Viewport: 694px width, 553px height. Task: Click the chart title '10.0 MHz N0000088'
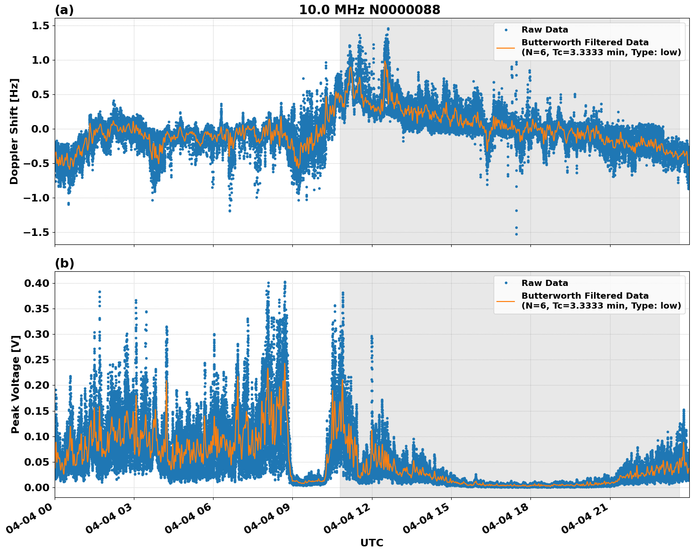(x=370, y=10)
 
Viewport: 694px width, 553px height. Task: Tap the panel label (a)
(x=64, y=10)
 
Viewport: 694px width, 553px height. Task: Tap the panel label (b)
(x=64, y=263)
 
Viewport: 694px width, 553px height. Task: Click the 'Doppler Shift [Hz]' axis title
(x=15, y=131)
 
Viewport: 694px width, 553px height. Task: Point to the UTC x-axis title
(x=372, y=543)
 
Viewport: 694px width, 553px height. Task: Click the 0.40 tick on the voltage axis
(x=36, y=283)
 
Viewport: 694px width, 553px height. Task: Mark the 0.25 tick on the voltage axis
(x=36, y=360)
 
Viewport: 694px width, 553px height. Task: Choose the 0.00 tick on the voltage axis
(x=36, y=487)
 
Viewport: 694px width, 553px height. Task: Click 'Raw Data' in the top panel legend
(x=545, y=30)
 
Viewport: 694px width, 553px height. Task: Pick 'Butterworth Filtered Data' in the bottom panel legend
(x=585, y=296)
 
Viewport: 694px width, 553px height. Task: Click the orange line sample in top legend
(x=505, y=47)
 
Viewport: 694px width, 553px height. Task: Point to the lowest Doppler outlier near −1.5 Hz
(x=516, y=234)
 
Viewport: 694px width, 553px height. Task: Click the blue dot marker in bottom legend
(x=505, y=283)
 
